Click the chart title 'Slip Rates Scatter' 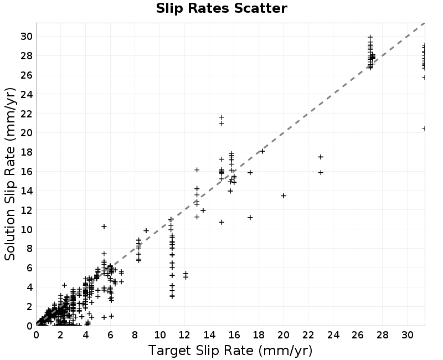221,8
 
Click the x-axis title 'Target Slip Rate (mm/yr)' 230,351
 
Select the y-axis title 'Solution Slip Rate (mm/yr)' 10,174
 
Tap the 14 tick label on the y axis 27,191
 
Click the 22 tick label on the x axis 308,335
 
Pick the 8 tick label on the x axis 135,335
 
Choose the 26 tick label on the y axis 27,75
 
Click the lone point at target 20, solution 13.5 284,196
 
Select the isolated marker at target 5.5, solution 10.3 104,227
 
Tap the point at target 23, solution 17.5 321,157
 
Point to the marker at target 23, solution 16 321,172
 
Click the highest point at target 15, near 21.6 221,117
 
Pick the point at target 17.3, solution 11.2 250,217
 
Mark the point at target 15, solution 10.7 221,223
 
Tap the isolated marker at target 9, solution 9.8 146,230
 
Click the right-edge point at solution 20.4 424,128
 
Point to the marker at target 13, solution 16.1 197,170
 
